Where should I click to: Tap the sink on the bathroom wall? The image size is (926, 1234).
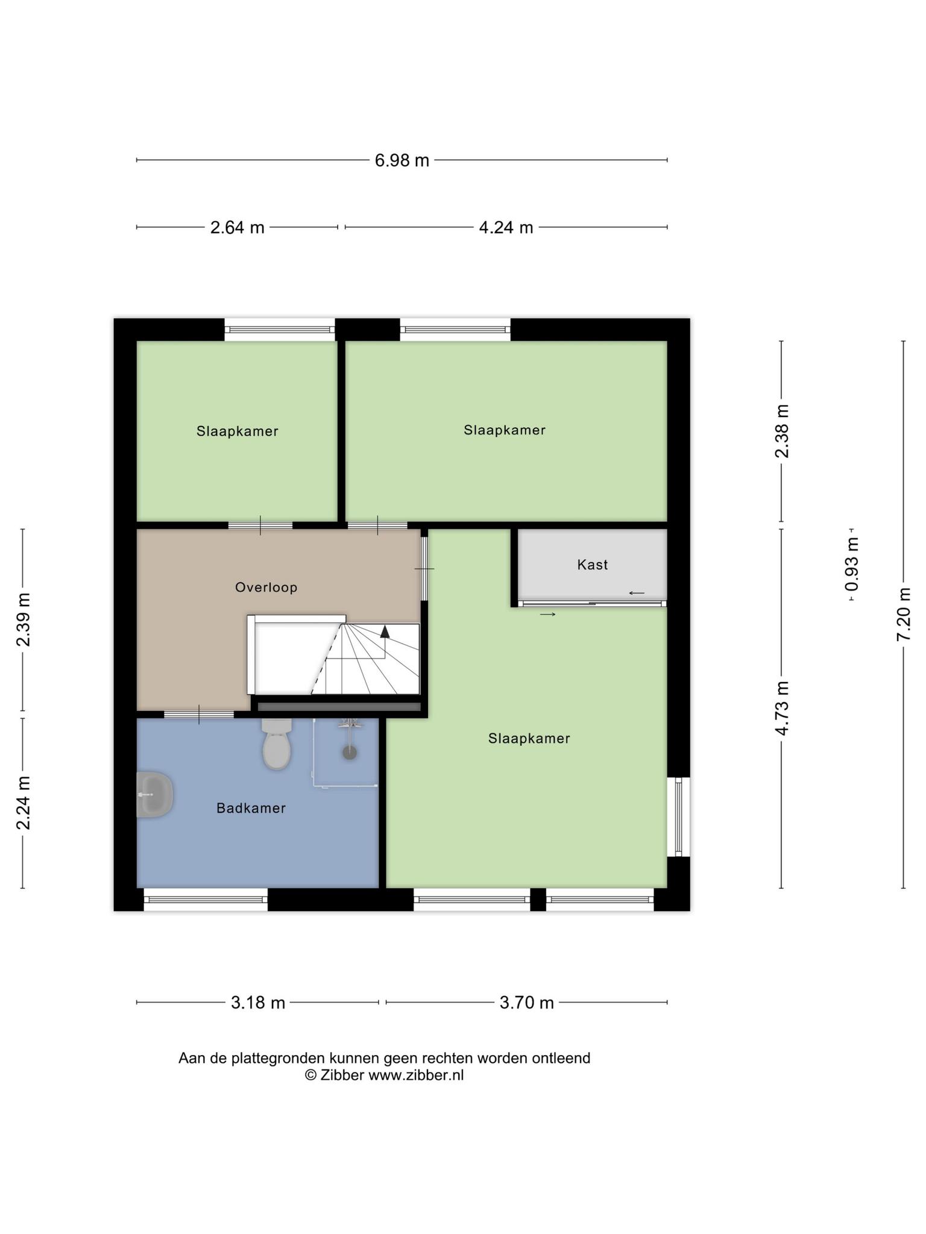(x=155, y=794)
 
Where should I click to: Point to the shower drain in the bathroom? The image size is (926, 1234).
(x=349, y=752)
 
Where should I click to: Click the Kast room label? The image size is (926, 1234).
(x=593, y=565)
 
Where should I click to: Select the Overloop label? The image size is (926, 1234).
(x=266, y=587)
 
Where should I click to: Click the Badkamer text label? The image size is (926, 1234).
(x=251, y=808)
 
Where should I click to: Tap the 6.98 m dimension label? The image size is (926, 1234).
(x=402, y=160)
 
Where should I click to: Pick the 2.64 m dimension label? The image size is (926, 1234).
(x=238, y=227)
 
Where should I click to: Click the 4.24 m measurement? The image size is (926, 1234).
(x=506, y=227)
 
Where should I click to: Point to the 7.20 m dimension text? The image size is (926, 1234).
(x=903, y=614)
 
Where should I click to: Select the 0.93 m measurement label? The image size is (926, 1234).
(x=852, y=565)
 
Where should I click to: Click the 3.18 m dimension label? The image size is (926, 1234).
(x=258, y=1003)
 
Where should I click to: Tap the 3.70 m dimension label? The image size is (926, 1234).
(x=527, y=1003)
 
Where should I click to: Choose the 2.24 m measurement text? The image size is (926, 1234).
(x=23, y=803)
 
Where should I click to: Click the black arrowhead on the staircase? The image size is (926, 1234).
(x=385, y=631)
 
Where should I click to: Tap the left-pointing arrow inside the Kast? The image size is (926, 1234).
(x=637, y=593)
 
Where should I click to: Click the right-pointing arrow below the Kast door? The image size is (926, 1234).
(x=547, y=614)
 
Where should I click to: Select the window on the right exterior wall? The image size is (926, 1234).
(x=678, y=816)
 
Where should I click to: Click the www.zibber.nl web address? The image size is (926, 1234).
(x=416, y=1076)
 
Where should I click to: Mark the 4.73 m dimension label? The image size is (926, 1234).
(x=782, y=708)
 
